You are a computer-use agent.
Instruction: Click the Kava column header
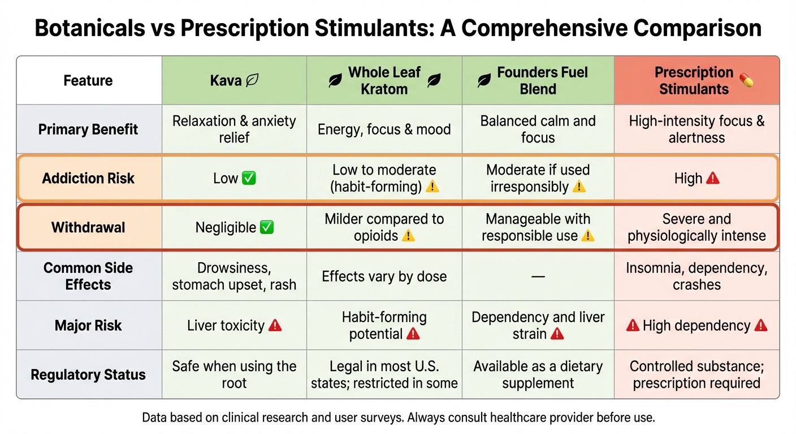[x=234, y=81]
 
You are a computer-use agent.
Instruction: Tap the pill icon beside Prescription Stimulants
[x=746, y=81]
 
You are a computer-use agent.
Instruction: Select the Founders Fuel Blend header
[x=538, y=81]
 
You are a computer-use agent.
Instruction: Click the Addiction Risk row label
[x=88, y=179]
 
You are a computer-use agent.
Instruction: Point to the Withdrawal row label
[x=88, y=228]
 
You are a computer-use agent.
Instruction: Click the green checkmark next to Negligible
[x=266, y=228]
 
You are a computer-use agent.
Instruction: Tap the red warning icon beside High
[x=713, y=179]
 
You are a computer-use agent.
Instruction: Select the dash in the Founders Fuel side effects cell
[x=538, y=276]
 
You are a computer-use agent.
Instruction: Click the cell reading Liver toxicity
[x=234, y=325]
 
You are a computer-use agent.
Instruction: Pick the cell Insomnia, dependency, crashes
[x=696, y=276]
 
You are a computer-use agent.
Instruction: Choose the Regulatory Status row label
[x=88, y=375]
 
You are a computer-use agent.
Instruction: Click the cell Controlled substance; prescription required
[x=696, y=375]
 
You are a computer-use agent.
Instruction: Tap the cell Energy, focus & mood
[x=384, y=129]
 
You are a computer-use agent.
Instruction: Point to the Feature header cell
[x=88, y=81]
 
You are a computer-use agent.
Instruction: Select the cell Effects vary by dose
[x=384, y=277]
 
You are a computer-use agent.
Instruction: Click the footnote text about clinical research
[x=398, y=418]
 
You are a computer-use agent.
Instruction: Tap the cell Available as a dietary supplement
[x=538, y=375]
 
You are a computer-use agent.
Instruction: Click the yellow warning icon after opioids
[x=408, y=236]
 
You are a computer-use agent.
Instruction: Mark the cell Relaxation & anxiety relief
[x=234, y=129]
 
